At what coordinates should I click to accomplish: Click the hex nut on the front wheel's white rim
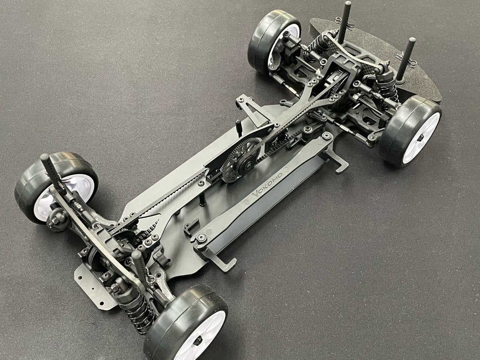[x=421, y=138]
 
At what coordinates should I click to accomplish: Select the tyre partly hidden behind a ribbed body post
[x=56, y=187]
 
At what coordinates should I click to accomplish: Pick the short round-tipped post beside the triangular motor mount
[x=239, y=128]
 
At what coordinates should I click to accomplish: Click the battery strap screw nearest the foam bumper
[x=326, y=135]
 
